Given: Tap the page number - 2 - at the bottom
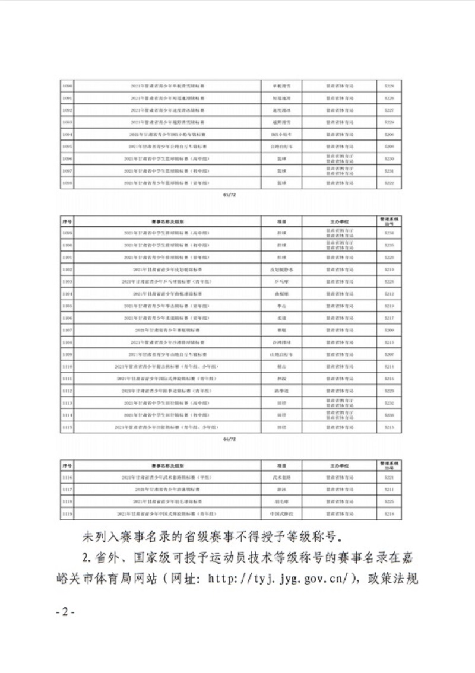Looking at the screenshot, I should [x=65, y=612].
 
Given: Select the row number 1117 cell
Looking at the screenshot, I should [x=67, y=489].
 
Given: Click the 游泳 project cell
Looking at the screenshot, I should [x=281, y=489].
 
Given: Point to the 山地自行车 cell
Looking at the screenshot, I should [x=281, y=354].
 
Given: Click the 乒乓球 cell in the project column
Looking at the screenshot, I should [x=281, y=281].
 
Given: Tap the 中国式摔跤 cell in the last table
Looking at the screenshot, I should [x=281, y=512].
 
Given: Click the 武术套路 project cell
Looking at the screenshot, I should [x=281, y=477].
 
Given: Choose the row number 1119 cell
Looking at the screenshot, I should [x=67, y=512].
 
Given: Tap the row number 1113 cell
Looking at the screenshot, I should [x=67, y=403].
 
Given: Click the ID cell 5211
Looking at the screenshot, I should [x=389, y=489].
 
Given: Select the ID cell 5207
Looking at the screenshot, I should [x=389, y=354].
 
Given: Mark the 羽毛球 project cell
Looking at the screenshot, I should [x=281, y=501].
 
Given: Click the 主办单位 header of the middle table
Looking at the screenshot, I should [x=340, y=220].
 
